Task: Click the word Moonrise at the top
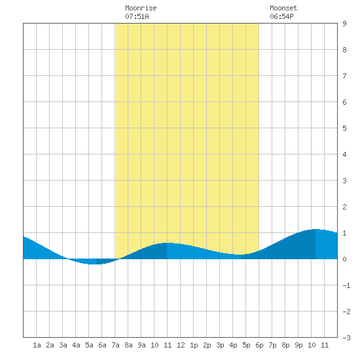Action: [x=141, y=8]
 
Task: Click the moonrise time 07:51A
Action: [x=137, y=16]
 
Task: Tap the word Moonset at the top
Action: [x=283, y=8]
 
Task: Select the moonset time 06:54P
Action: [x=281, y=16]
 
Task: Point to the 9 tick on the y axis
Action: [x=344, y=24]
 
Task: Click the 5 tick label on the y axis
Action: [x=344, y=128]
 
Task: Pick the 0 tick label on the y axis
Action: [x=344, y=259]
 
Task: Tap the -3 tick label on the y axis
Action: [x=346, y=338]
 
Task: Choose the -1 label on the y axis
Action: [x=346, y=285]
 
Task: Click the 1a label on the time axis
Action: [x=37, y=345]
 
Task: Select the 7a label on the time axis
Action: [x=115, y=345]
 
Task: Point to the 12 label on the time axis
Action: [x=181, y=345]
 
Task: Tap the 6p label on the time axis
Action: [x=259, y=345]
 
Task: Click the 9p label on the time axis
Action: [x=298, y=345]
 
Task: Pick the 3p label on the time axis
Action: [x=220, y=345]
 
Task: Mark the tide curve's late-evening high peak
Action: [x=315, y=229]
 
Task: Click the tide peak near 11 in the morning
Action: [x=167, y=243]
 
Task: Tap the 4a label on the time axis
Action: [x=76, y=345]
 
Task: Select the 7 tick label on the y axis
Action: [x=344, y=76]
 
